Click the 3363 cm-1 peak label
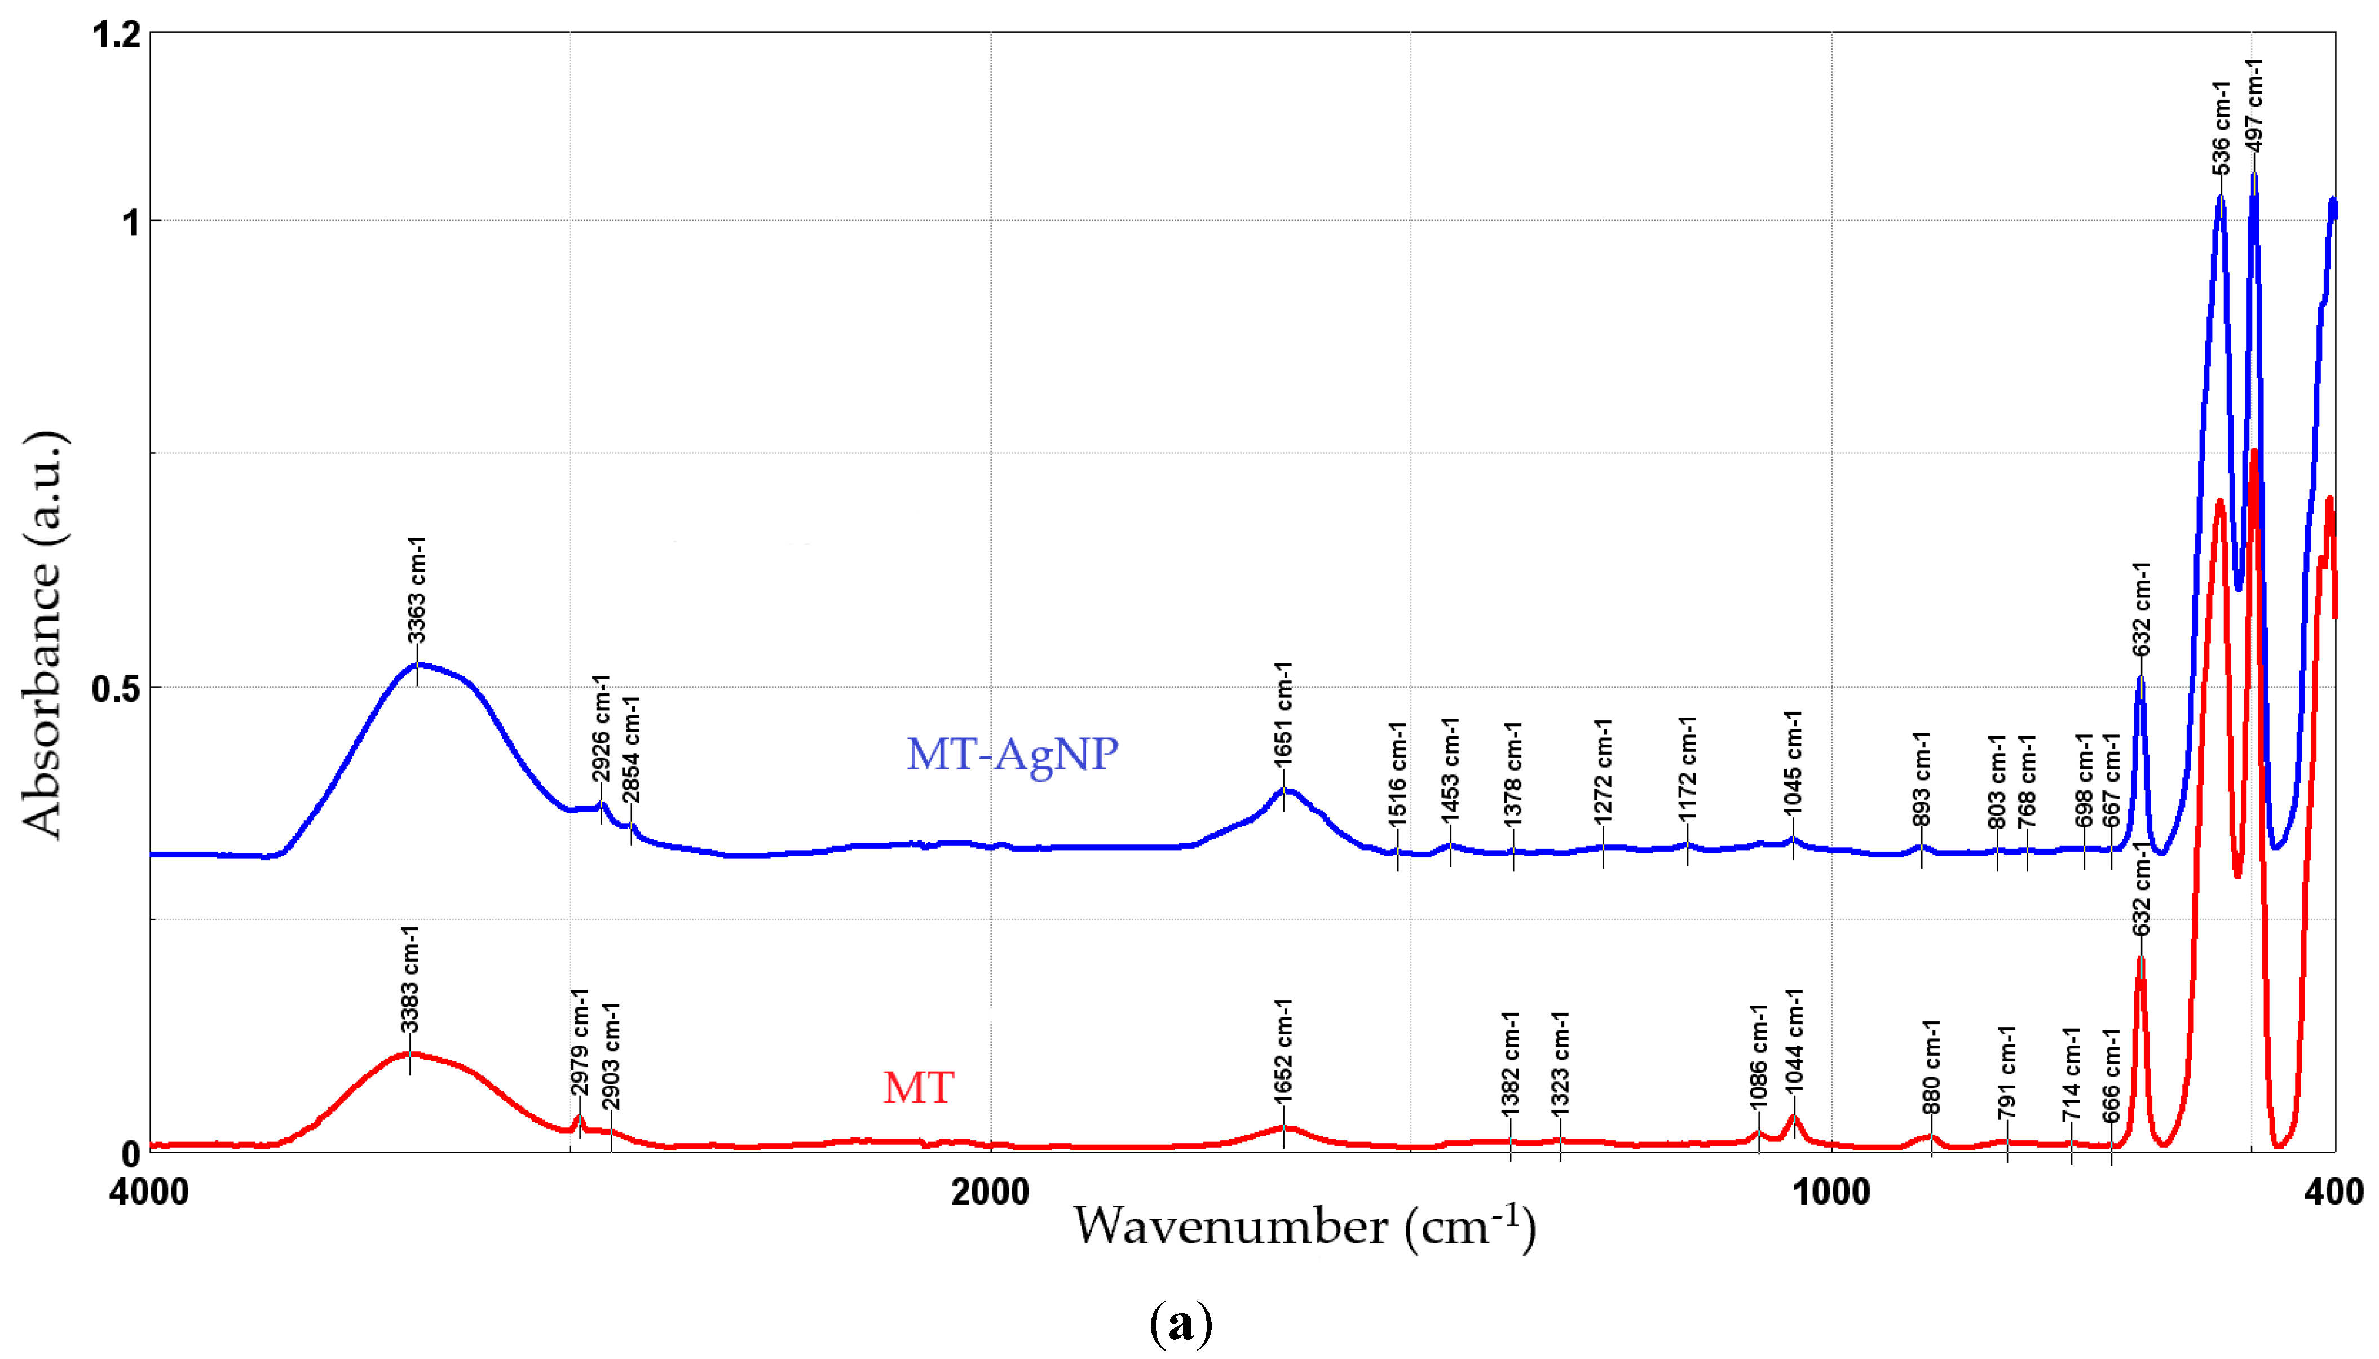[x=416, y=590]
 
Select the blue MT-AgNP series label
[x=1012, y=753]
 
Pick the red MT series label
[x=919, y=1087]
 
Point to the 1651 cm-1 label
[x=1284, y=715]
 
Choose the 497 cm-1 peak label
[x=2254, y=104]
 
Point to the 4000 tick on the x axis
[x=149, y=1192]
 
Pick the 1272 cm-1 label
[x=1603, y=772]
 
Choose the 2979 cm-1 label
[x=580, y=1043]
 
